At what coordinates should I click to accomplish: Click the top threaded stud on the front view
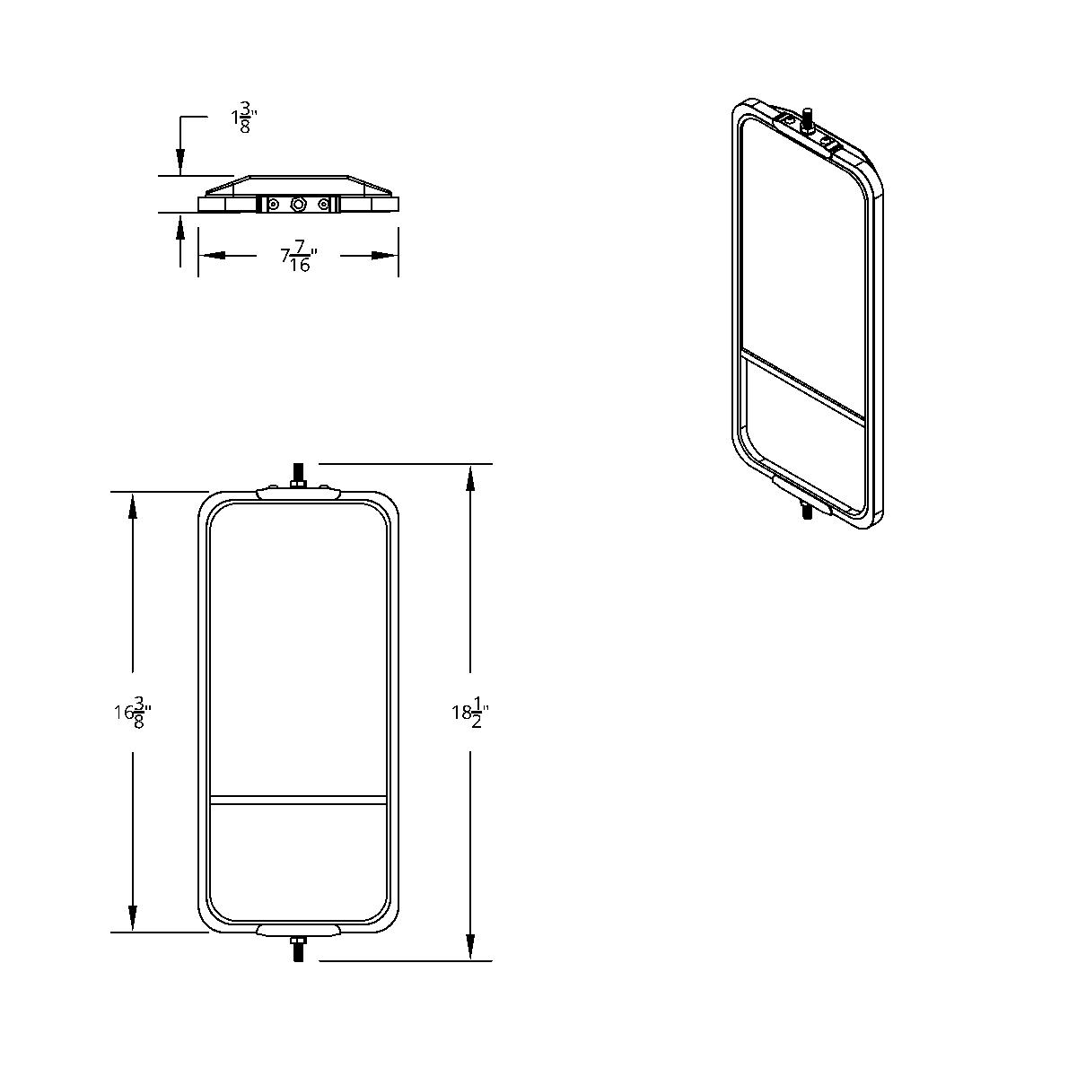click(297, 474)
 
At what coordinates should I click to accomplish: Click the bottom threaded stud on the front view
click(297, 950)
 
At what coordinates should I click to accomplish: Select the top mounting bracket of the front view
click(298, 493)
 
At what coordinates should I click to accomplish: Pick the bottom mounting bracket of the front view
click(298, 930)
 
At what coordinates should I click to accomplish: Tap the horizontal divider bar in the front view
click(298, 798)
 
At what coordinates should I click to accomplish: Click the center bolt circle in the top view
click(298, 206)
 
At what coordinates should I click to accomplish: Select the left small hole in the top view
click(274, 206)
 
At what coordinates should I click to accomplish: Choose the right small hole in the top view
click(323, 206)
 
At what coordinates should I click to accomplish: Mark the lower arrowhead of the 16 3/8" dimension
click(133, 919)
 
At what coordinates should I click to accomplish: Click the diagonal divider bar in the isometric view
click(804, 385)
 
